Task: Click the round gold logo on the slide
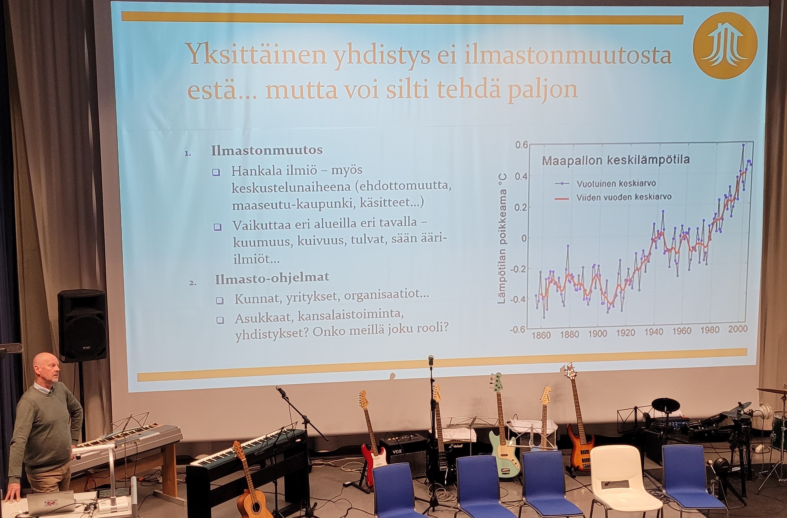[x=725, y=46]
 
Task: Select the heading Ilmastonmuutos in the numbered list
[x=267, y=151]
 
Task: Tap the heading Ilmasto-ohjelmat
[x=272, y=278]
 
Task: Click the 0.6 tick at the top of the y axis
[x=522, y=145]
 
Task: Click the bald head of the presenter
[x=46, y=366]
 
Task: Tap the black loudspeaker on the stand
[x=82, y=326]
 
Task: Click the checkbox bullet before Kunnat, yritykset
[x=219, y=300]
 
